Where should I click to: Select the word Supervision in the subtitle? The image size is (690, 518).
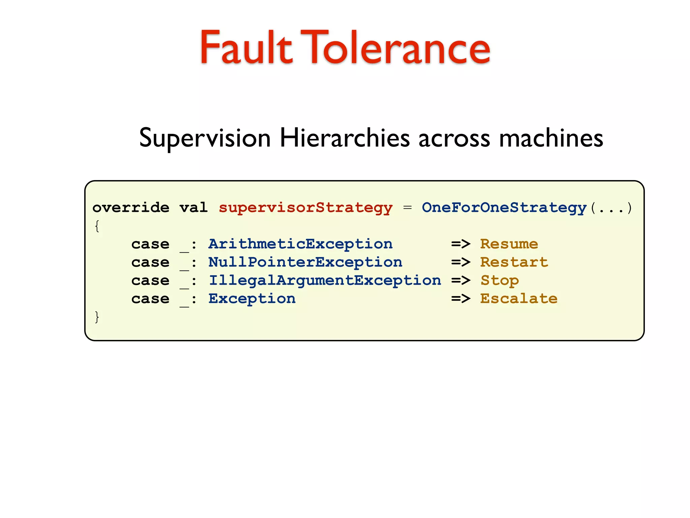click(x=205, y=138)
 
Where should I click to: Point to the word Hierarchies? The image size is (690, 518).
click(x=344, y=138)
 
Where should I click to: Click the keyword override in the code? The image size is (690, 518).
click(x=131, y=207)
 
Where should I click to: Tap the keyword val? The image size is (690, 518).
click(x=193, y=207)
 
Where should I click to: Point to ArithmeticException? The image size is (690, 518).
click(x=300, y=244)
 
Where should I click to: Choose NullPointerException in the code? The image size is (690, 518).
click(x=305, y=262)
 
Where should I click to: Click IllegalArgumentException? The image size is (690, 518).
click(x=324, y=281)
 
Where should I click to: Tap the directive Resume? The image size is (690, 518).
click(x=509, y=244)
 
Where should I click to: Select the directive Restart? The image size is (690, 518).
click(x=514, y=262)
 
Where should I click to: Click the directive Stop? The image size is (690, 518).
click(x=499, y=281)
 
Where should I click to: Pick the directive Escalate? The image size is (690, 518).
click(x=519, y=299)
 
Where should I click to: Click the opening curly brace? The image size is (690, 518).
click(x=97, y=226)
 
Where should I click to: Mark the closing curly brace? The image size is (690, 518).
click(x=97, y=317)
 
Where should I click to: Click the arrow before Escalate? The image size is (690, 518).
click(x=461, y=299)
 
